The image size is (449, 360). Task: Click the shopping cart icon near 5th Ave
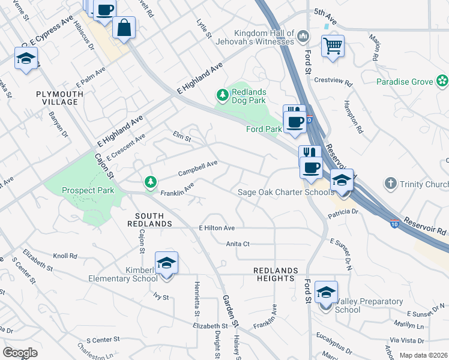333,46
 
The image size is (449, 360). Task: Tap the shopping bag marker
124,28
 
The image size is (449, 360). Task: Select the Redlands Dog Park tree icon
222,95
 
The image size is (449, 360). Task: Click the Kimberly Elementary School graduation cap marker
166,263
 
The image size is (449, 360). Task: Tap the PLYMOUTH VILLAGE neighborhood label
57,98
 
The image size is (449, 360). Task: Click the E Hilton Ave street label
216,229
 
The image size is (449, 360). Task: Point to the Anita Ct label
238,244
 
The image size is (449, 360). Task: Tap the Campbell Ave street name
197,169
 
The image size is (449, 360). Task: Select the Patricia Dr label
343,212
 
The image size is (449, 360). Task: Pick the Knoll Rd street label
65,256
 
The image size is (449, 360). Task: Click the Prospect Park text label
88,190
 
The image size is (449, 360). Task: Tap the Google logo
20,352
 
